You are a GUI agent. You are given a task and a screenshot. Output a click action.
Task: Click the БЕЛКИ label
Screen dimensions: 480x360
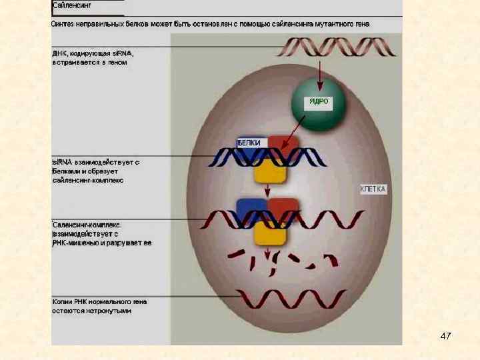249,142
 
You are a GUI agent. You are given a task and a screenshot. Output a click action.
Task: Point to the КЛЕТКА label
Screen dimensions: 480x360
373,189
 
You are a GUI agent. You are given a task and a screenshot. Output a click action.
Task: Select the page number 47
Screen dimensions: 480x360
446,335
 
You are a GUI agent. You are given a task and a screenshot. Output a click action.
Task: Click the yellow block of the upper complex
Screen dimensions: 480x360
269,171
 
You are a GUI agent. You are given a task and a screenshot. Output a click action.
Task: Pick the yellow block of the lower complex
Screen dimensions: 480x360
269,232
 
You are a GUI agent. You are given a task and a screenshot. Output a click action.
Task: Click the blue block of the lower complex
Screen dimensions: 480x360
250,208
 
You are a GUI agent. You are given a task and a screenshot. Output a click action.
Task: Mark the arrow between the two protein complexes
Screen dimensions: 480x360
268,191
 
